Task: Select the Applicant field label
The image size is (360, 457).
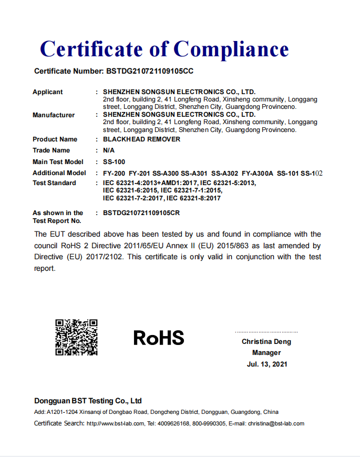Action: coord(47,92)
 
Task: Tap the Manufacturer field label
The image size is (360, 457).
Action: coord(54,115)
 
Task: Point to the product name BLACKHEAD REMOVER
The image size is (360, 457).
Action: coord(141,139)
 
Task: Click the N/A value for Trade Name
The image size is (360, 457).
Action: coord(109,150)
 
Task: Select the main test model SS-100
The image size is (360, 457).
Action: coord(114,162)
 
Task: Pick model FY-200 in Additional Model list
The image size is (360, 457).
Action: coord(114,173)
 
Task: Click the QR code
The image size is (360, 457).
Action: coord(77,337)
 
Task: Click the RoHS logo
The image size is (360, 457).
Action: coord(159,338)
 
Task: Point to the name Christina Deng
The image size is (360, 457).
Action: coord(266,342)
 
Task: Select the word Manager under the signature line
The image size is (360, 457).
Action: coord(266,353)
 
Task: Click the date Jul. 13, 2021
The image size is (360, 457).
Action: coord(267,364)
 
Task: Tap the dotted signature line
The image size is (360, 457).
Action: coord(266,332)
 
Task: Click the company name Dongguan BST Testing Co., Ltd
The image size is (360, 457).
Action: coord(88,401)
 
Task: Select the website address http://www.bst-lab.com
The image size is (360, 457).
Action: coord(115,423)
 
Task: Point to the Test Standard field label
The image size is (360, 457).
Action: coord(54,183)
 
